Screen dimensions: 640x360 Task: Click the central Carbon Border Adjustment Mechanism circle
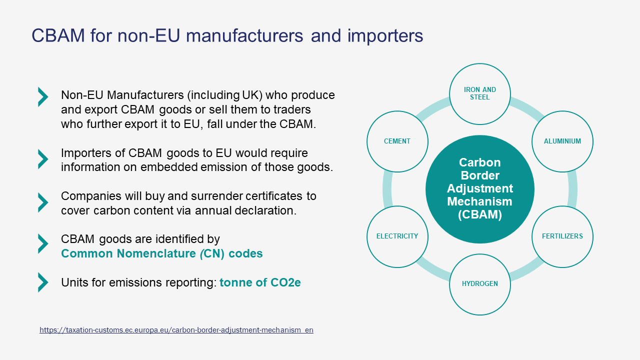coord(480,189)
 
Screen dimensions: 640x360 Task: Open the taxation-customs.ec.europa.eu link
coord(176,330)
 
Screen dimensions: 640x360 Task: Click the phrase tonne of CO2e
coord(260,282)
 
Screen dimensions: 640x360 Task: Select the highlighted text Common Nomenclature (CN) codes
coord(161,253)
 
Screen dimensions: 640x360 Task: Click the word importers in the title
coord(385,36)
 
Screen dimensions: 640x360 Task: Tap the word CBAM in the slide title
coord(58,35)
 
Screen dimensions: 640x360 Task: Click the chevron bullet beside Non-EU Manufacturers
coord(43,97)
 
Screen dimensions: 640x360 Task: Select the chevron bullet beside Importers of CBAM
coord(43,159)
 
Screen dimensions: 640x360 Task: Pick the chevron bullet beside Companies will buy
coord(43,202)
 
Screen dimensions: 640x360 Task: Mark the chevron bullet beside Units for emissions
coord(43,282)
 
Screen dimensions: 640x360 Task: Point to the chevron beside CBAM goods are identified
coord(43,243)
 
